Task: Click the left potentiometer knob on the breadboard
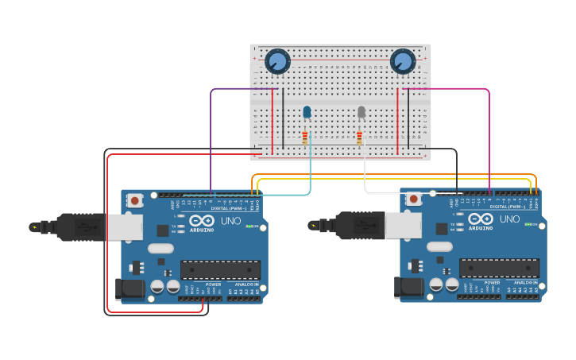pyautogui.click(x=277, y=61)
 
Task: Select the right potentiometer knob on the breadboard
pyautogui.click(x=403, y=61)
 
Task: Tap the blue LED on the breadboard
pyautogui.click(x=307, y=112)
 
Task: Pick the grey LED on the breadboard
pyautogui.click(x=361, y=112)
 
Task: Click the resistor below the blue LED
pyautogui.click(x=305, y=138)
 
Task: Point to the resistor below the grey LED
pyautogui.click(x=359, y=138)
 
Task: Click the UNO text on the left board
pyautogui.click(x=230, y=220)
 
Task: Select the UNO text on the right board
pyautogui.click(x=509, y=219)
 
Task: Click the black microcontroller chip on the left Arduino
pyautogui.click(x=220, y=269)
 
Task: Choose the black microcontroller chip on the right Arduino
pyautogui.click(x=499, y=268)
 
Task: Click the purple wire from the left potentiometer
pyautogui.click(x=211, y=135)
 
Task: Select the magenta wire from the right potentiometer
pyautogui.click(x=489, y=135)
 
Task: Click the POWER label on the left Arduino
pyautogui.click(x=213, y=284)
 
